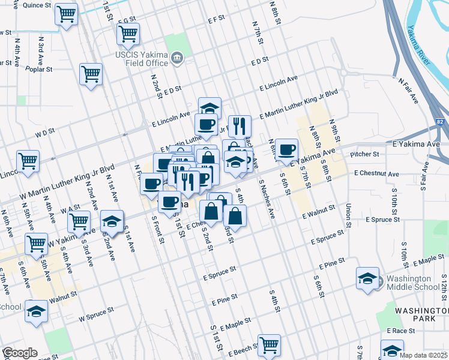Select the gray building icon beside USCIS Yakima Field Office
coord(177,58)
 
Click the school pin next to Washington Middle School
coord(367,279)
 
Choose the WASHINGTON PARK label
coord(421,314)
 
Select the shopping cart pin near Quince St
coord(66,14)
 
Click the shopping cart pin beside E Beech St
coord(269,346)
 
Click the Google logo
coord(20,353)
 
